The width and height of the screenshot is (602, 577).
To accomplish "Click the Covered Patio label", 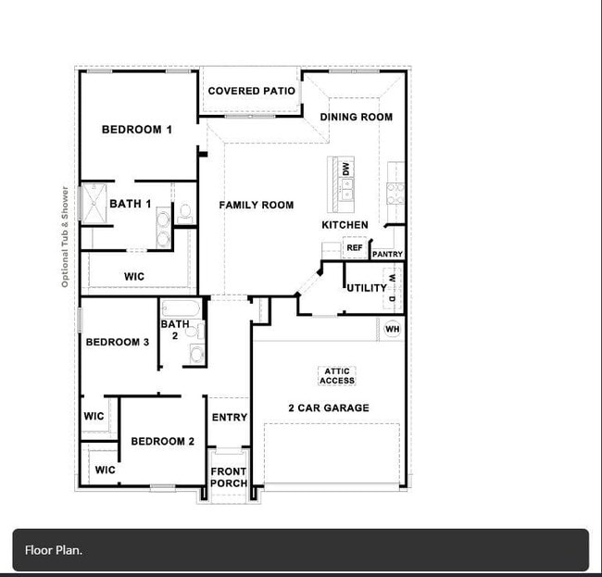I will tap(251, 91).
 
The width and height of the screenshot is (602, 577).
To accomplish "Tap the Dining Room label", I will tap(356, 117).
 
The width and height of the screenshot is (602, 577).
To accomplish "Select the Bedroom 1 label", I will tap(137, 130).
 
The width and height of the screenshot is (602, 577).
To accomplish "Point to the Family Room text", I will tap(256, 205).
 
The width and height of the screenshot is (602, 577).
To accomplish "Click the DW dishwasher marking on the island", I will tap(345, 169).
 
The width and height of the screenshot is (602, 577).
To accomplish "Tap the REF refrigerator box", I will tap(354, 248).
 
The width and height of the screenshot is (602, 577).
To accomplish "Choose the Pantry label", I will tap(387, 254).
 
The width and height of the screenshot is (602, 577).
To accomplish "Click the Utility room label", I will tap(367, 288).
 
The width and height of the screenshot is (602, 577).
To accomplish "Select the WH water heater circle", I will tap(392, 329).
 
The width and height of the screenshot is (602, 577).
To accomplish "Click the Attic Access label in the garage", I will tap(337, 376).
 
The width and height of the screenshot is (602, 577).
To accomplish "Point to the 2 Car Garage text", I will tap(328, 408).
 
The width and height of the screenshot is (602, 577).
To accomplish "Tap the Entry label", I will tap(229, 418).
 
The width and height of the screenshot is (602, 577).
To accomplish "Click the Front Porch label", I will tap(228, 477).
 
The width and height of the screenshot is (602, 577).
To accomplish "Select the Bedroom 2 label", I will tap(162, 442).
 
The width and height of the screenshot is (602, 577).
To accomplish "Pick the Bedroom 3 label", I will tap(118, 343).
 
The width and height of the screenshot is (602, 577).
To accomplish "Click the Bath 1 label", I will tap(130, 204).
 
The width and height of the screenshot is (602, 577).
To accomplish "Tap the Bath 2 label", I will tap(175, 330).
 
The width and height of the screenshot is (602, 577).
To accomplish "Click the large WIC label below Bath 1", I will tap(134, 277).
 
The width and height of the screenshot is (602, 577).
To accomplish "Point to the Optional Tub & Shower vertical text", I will tap(65, 237).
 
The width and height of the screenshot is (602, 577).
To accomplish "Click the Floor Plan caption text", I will tap(54, 550).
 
